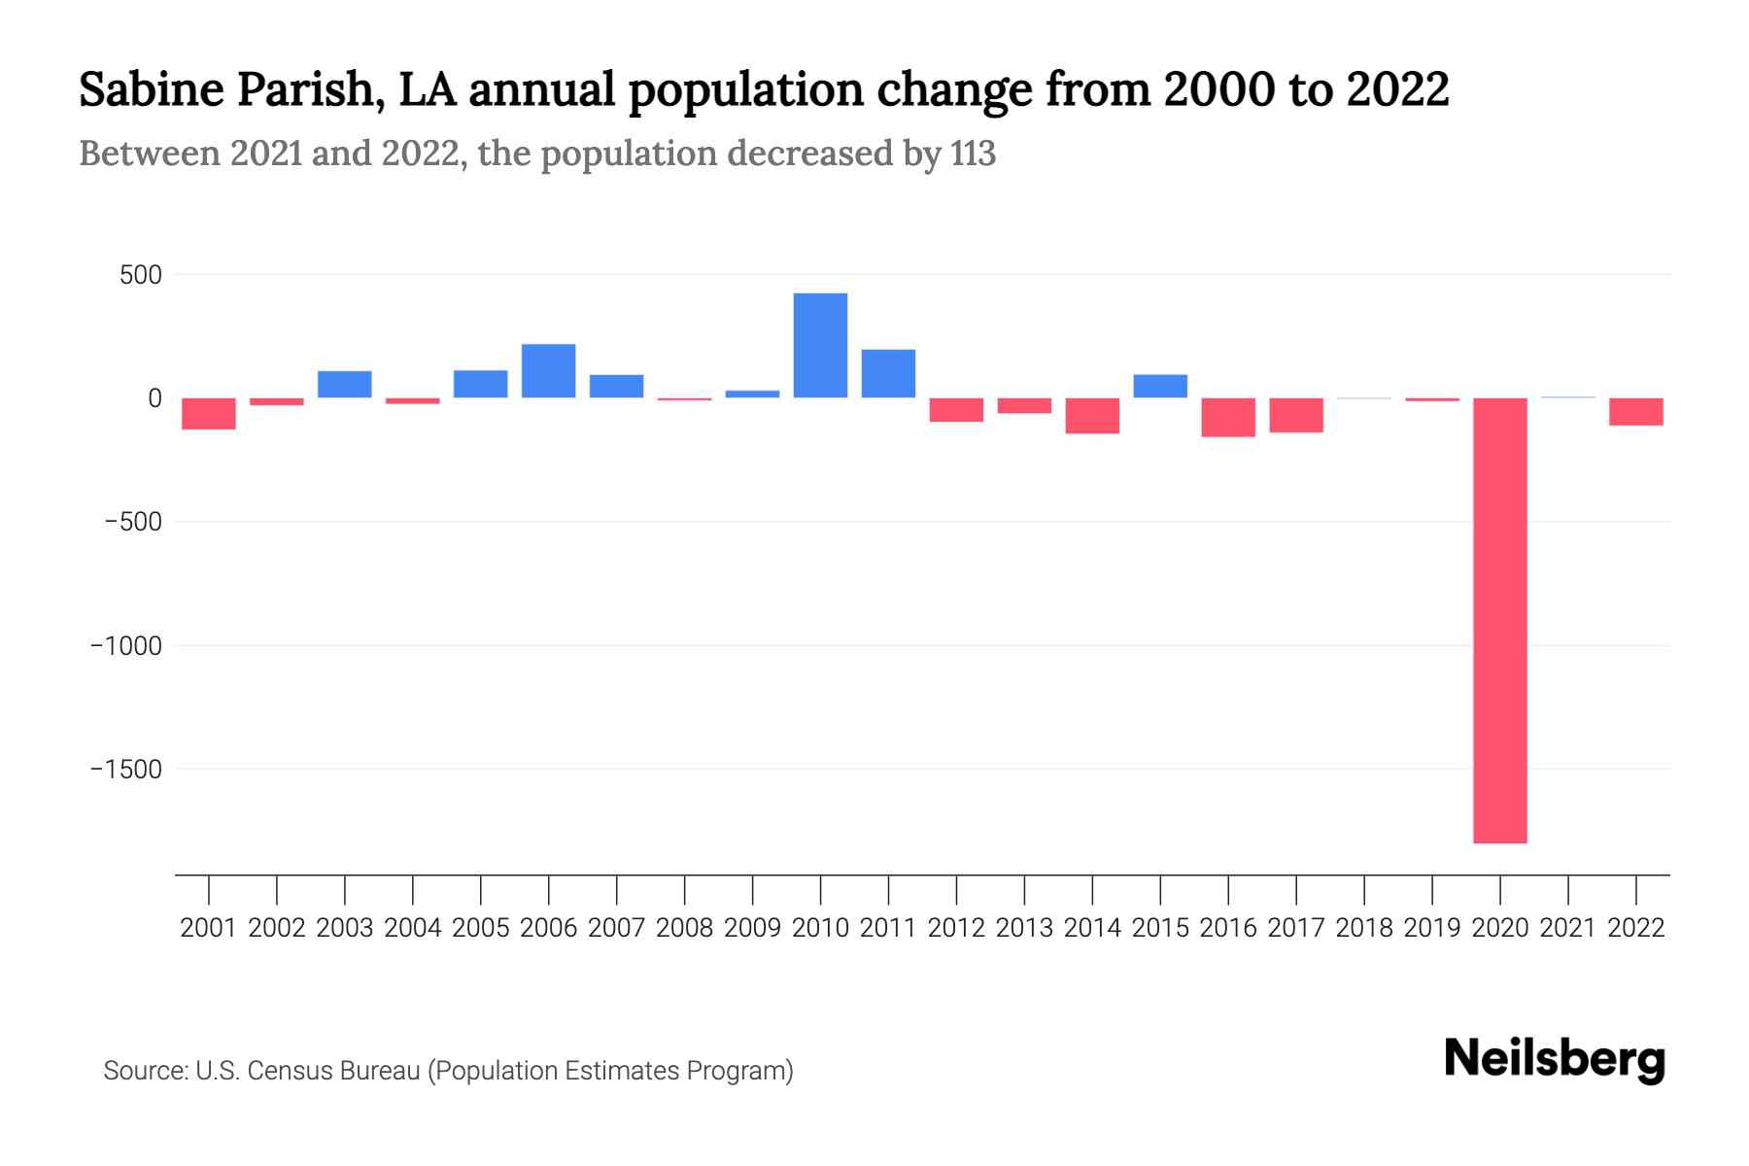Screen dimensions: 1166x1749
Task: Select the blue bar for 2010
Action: coord(820,345)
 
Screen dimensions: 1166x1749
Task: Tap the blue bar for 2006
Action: coord(548,371)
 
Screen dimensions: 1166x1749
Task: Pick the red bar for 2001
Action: coord(209,414)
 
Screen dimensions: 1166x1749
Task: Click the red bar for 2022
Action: coord(1635,412)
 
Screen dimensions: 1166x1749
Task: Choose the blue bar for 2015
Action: coord(1160,386)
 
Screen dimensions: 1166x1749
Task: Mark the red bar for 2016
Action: coord(1228,418)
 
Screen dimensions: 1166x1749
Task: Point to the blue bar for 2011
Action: coord(888,373)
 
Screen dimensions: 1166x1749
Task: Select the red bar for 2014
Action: coord(1092,416)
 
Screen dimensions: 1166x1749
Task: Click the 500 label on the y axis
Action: coord(141,275)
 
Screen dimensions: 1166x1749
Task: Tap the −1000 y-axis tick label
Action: coord(126,646)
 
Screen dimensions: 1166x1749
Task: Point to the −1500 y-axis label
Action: coord(126,770)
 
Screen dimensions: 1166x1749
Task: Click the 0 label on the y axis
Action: coord(154,398)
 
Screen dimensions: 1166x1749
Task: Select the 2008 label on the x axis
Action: coord(684,928)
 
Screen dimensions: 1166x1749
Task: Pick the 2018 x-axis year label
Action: coord(1364,928)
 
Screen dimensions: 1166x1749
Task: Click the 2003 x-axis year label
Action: coord(345,928)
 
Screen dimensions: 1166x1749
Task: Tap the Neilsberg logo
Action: coord(1555,1059)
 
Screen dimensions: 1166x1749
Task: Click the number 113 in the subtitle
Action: coord(973,154)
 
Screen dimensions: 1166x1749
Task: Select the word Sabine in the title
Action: coord(152,89)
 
